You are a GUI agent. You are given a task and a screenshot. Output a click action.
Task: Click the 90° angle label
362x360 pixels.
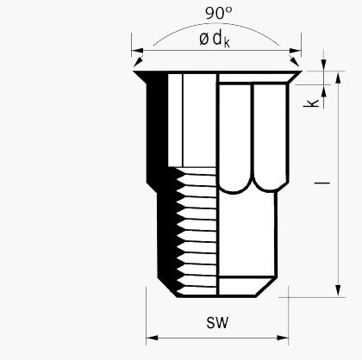(x=219, y=13)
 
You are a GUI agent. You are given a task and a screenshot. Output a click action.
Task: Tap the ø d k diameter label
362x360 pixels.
(x=215, y=39)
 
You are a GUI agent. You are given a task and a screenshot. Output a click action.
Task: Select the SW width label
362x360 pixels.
(x=217, y=322)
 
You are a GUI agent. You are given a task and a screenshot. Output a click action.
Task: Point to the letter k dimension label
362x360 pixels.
(x=311, y=103)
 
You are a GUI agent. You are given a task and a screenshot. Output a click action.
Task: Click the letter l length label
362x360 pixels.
(x=321, y=183)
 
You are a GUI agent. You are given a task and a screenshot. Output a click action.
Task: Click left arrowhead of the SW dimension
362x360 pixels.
(x=152, y=338)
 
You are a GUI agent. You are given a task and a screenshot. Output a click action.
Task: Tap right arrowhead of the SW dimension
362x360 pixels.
(x=283, y=338)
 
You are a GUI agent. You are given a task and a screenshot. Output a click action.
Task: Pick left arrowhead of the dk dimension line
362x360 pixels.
(x=138, y=51)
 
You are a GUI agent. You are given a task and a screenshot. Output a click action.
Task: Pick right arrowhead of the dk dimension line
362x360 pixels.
(x=295, y=51)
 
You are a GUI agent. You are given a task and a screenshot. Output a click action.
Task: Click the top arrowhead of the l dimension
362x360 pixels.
(x=338, y=78)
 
